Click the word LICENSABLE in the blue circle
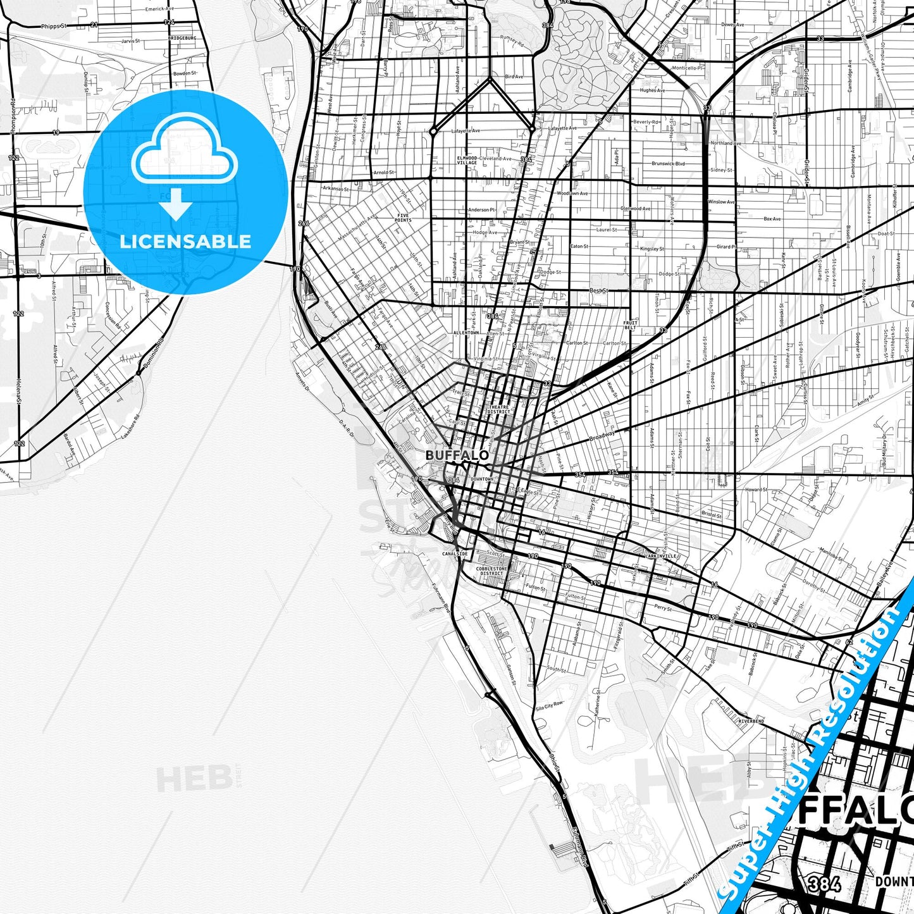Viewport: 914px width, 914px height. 185,242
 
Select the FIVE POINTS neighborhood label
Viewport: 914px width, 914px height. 404,218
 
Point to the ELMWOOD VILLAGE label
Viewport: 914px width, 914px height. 467,161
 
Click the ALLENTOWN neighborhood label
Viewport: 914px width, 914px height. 466,333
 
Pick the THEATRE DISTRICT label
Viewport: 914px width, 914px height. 498,409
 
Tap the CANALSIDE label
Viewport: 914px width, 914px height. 455,553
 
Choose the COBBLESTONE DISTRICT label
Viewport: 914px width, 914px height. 491,571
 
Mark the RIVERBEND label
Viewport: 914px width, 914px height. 751,721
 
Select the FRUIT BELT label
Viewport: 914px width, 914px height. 631,326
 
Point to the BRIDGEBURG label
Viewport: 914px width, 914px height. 182,38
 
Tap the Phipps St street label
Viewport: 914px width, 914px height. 53,27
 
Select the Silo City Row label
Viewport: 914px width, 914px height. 548,705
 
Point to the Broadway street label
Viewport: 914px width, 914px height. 602,436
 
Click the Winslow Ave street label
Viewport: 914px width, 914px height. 721,202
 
